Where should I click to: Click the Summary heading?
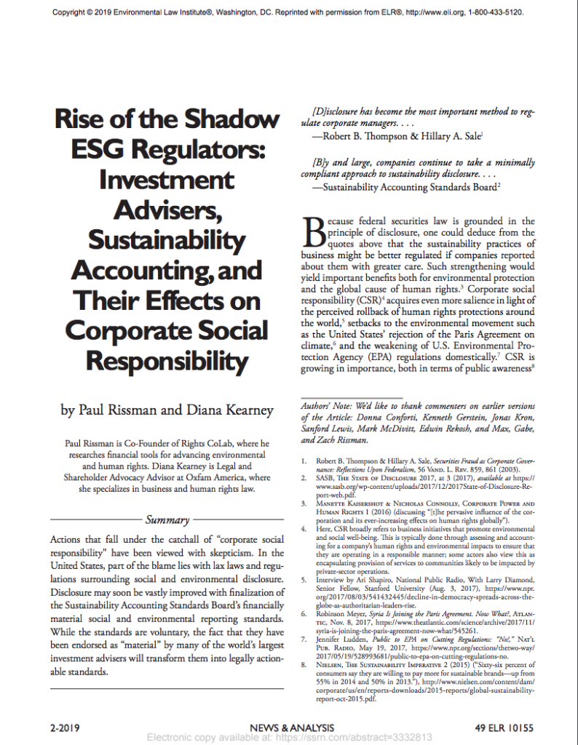(167, 520)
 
